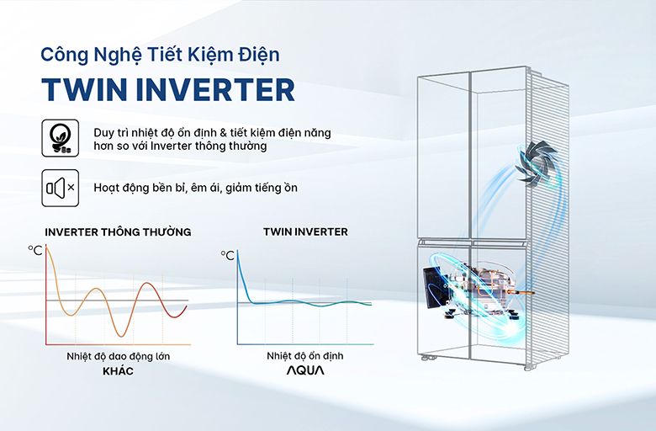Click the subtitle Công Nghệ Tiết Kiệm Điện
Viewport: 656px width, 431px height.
(160, 55)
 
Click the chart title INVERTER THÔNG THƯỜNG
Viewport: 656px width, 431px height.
(118, 231)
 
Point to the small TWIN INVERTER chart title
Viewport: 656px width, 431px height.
(305, 231)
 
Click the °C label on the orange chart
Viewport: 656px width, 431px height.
(35, 250)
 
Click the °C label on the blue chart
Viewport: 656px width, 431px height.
(227, 255)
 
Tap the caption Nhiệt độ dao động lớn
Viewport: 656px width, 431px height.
(119, 356)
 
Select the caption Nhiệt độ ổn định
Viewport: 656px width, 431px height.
(304, 356)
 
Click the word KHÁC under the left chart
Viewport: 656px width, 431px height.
(119, 370)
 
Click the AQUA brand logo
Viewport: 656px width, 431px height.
(304, 371)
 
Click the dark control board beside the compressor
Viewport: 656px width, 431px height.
(434, 287)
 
